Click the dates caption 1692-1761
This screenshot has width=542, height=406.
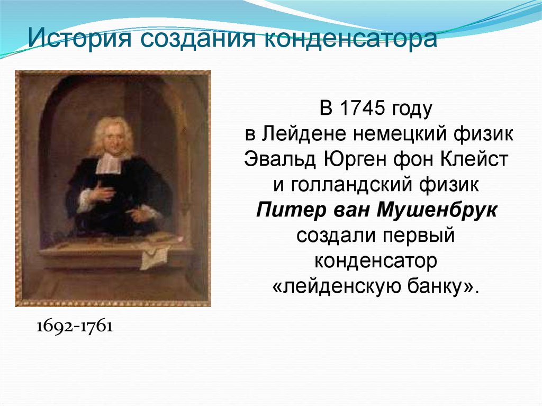tap(75, 327)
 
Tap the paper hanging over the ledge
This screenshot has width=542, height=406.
tap(156, 255)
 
